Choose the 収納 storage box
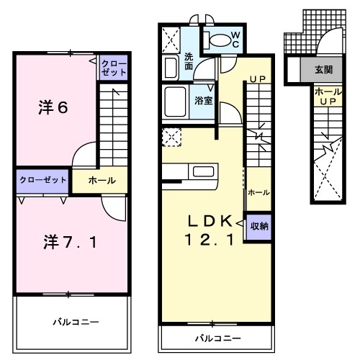[259, 225]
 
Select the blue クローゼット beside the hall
[42, 179]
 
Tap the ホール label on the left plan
[102, 180]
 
